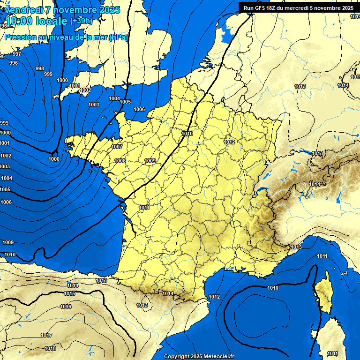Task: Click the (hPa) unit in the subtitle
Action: click(118, 37)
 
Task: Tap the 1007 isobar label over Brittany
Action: click(117, 147)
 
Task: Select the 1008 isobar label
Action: click(120, 161)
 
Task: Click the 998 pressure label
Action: click(40, 68)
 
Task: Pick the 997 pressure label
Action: click(17, 54)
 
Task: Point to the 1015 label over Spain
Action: click(69, 293)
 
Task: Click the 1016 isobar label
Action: click(66, 307)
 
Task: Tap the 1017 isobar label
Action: click(46, 335)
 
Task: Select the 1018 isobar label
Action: click(50, 348)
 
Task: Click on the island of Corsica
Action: click(323, 293)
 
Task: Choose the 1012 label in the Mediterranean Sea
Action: click(214, 297)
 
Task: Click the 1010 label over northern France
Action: click(187, 134)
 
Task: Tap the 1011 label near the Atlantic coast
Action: click(144, 208)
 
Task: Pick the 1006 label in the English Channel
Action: click(139, 109)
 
